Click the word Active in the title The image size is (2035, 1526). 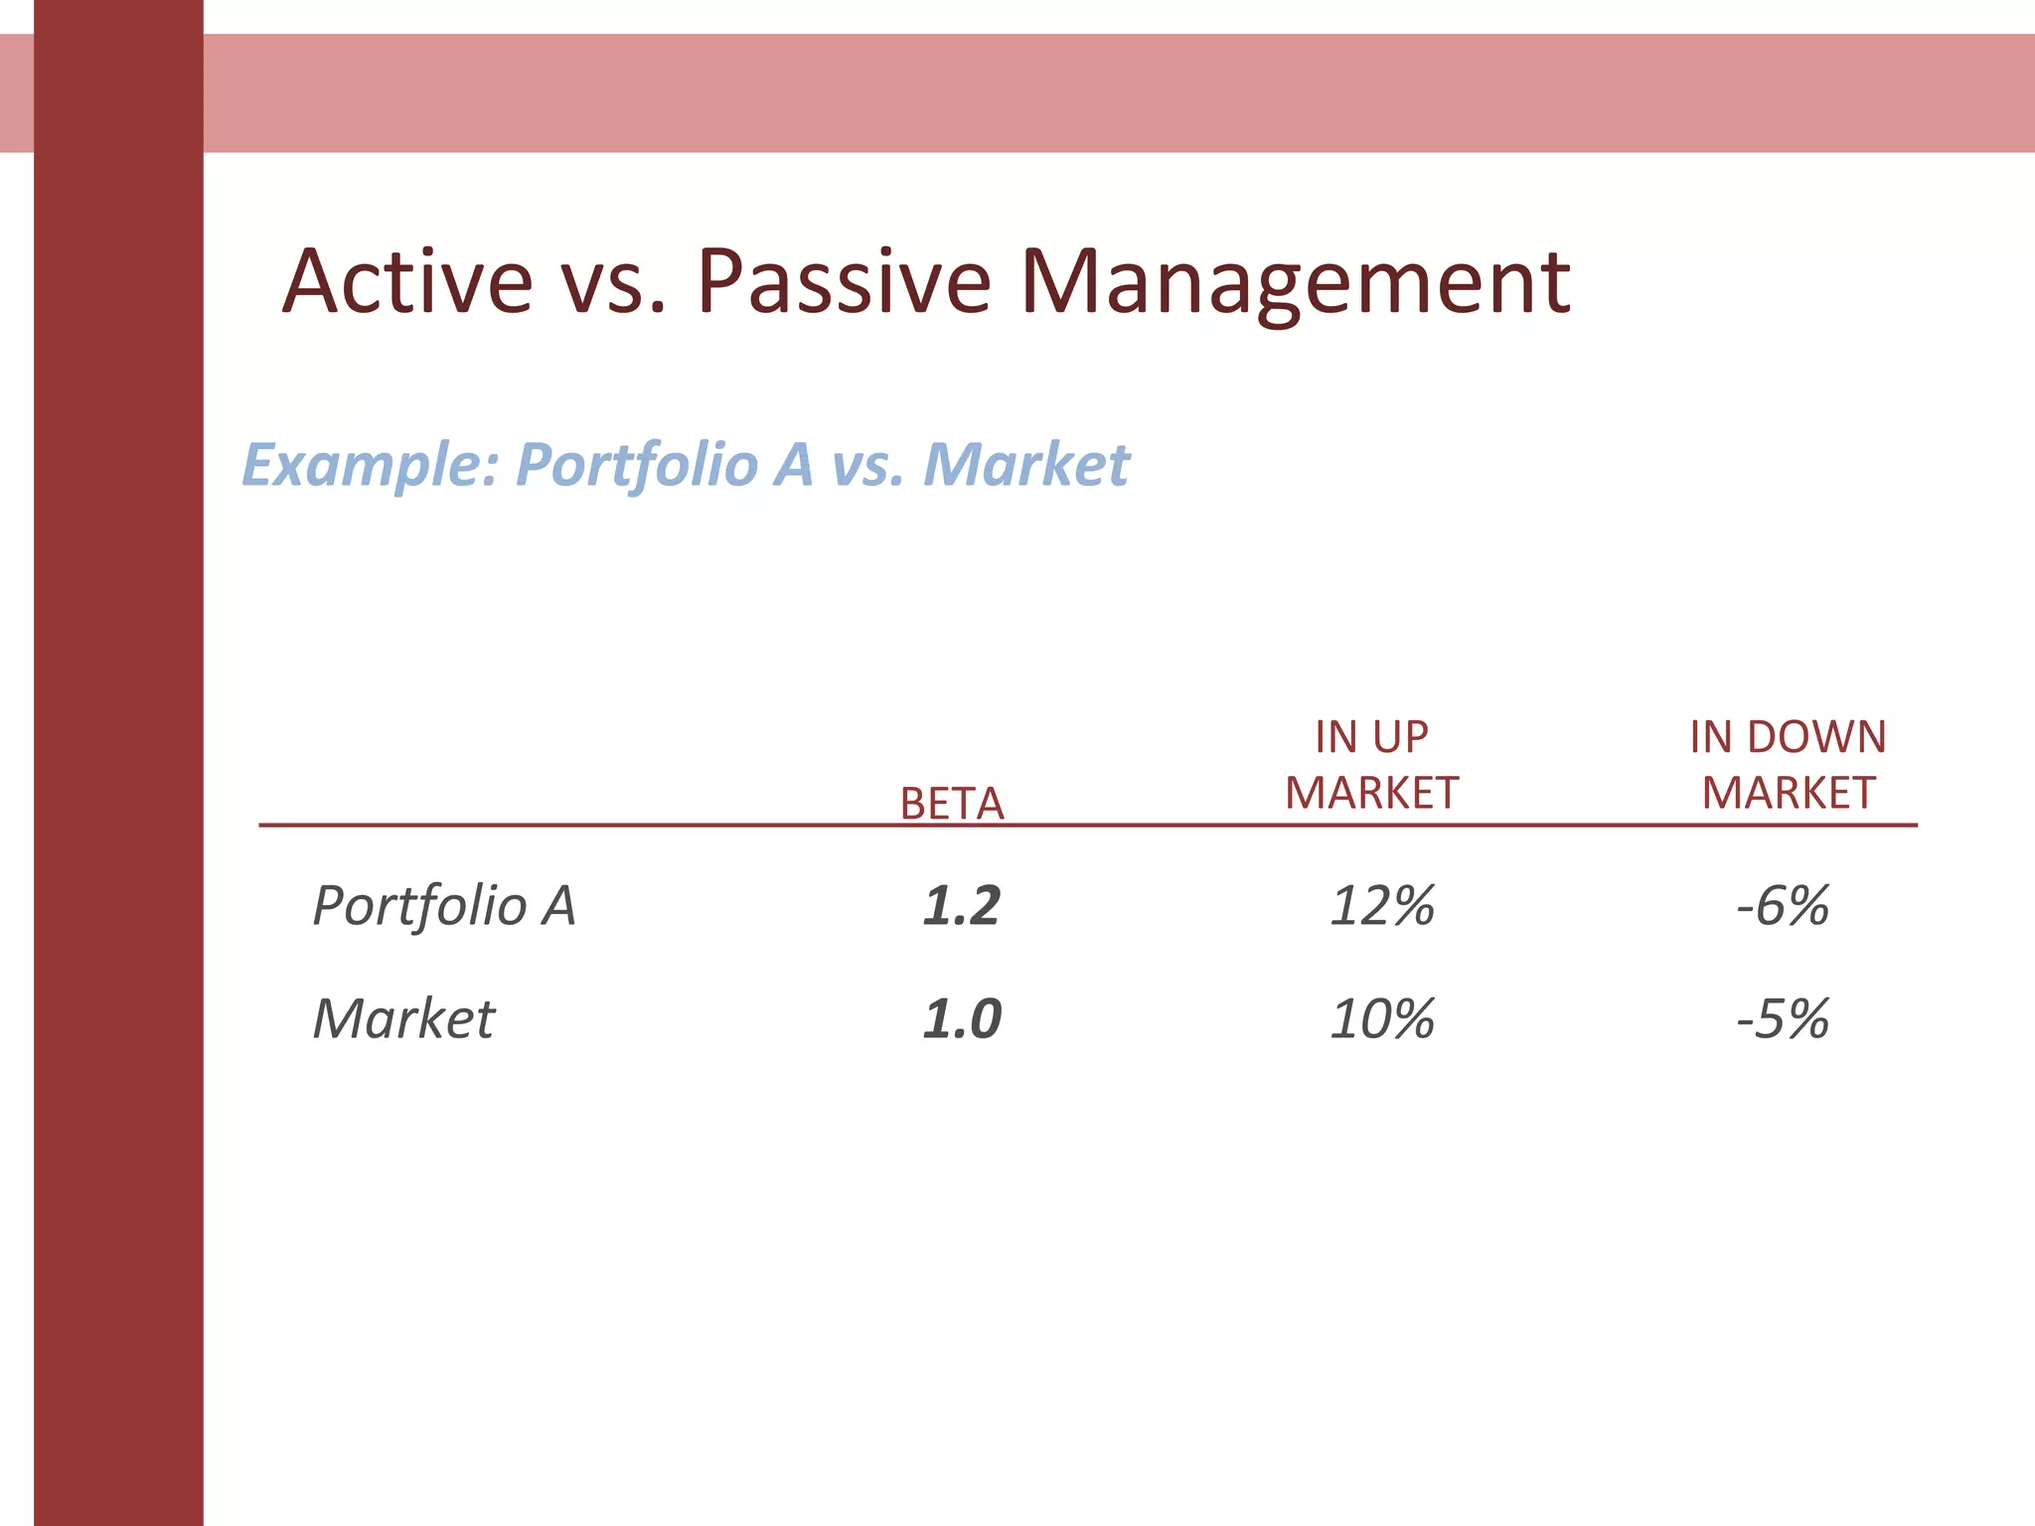pos(407,282)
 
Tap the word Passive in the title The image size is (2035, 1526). pos(844,282)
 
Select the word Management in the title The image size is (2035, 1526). pos(1295,284)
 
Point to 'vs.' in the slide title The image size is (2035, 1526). pos(612,284)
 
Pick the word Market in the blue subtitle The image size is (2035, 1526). pos(1025,465)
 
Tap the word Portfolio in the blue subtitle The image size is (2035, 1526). pos(637,465)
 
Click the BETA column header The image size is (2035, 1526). pos(952,803)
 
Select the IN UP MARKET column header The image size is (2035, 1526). pos(1371,765)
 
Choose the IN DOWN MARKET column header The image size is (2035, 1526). pos(1788,765)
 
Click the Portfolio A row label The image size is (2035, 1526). pos(444,906)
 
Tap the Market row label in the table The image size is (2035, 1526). pos(403,1019)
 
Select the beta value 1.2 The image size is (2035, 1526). pos(961,906)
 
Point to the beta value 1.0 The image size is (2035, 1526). pos(961,1019)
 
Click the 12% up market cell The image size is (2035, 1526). pos(1382,906)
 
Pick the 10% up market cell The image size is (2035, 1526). pos(1382,1019)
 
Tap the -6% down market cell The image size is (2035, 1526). pos(1783,906)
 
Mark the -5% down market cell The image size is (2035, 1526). pos(1783,1019)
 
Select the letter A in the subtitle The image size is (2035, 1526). pos(793,465)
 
